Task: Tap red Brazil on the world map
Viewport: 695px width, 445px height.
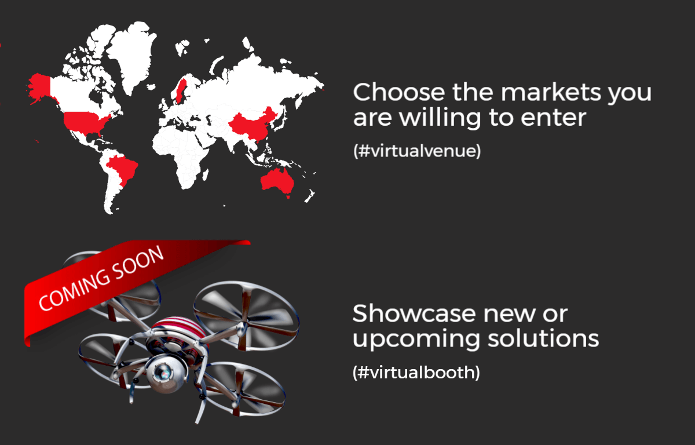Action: pyautogui.click(x=122, y=169)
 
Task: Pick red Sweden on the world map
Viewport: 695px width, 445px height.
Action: pyautogui.click(x=181, y=90)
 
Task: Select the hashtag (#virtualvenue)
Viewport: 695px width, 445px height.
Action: pyautogui.click(x=417, y=151)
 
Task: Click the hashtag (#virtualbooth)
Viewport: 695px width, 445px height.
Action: pyautogui.click(x=416, y=372)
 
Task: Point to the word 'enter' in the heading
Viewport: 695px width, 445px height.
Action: pyautogui.click(x=553, y=118)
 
